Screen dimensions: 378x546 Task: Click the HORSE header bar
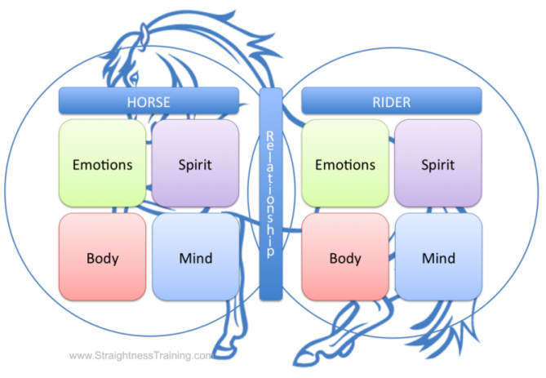pos(149,101)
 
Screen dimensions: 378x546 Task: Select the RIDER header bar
pos(391,101)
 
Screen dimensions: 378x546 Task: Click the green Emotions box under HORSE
pos(102,163)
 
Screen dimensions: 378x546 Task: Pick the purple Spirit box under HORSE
pos(195,163)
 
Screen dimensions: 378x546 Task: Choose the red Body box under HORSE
pos(102,257)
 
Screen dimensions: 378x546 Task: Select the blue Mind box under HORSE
pos(195,257)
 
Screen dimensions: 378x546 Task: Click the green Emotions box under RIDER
pos(345,163)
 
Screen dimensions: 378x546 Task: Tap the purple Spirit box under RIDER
pos(438,163)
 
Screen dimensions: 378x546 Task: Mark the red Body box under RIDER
pos(345,257)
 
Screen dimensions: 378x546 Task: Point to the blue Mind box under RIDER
pos(438,257)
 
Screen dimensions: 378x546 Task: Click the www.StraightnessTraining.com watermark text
pos(141,356)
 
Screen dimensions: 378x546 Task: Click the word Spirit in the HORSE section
pos(195,164)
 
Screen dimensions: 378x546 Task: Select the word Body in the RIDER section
pos(345,258)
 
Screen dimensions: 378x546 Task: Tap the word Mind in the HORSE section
pos(195,258)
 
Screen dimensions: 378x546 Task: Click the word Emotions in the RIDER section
pos(345,164)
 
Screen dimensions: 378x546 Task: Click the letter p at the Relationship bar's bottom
pos(270,251)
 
